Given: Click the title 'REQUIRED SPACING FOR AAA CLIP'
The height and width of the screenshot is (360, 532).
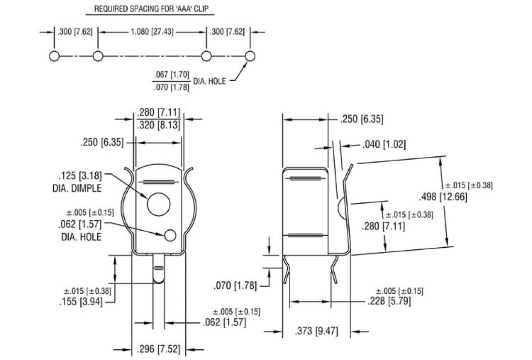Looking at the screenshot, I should (x=148, y=9).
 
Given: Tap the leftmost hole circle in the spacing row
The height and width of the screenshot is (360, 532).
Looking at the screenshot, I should (x=54, y=56).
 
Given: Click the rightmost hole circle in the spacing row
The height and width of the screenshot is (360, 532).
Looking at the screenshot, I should (x=250, y=56).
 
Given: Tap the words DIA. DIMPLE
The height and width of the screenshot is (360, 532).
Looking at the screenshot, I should (x=77, y=188).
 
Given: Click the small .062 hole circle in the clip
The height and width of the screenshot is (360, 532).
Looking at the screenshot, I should (x=169, y=235).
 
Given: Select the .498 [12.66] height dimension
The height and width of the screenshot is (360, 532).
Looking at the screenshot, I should (x=443, y=196).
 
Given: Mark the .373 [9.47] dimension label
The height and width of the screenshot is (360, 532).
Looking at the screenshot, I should (x=316, y=331).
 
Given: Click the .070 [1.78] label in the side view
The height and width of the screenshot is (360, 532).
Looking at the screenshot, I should (x=236, y=286).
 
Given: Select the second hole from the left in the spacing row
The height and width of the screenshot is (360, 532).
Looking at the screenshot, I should (x=98, y=56).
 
